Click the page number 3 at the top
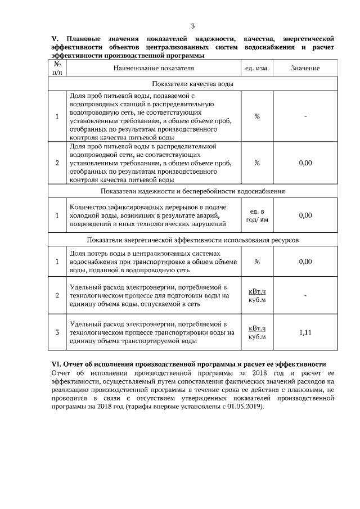coord(192,26)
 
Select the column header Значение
coord(305,68)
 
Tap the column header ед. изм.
coord(256,68)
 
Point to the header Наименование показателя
coord(154,68)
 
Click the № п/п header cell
coord(57,68)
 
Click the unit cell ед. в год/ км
coord(257,215)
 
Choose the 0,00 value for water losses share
coord(305,262)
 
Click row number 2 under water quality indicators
coord(57,163)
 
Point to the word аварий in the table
coord(212,215)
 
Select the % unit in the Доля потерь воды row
coord(257,262)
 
